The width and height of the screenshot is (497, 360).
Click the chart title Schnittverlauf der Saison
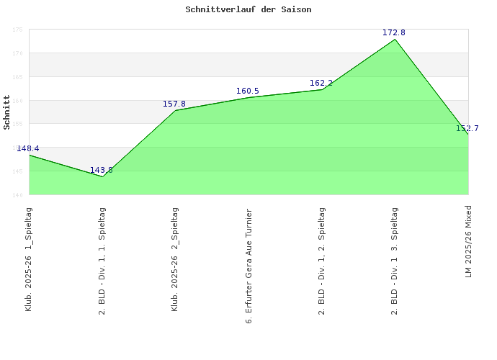point(248,10)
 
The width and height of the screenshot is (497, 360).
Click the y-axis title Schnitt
point(7,112)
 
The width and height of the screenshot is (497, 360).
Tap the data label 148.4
point(28,148)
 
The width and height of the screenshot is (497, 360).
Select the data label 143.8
point(102,171)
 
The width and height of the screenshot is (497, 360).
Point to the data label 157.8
point(174,104)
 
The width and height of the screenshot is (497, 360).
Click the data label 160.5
point(248,91)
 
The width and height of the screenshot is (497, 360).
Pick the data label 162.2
point(321,84)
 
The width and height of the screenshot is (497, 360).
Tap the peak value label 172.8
point(394,33)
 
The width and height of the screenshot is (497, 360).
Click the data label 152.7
point(467,128)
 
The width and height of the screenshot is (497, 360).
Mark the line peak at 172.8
point(395,39)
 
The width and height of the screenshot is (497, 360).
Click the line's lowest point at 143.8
point(102,176)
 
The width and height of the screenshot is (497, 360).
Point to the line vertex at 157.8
point(176,110)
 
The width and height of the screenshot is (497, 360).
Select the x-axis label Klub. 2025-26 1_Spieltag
point(29,258)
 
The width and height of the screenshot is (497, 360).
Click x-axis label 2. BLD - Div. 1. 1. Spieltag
point(102,261)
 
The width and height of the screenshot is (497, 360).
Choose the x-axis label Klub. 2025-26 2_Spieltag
point(176,258)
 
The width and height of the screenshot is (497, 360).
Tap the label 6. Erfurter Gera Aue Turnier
point(248,265)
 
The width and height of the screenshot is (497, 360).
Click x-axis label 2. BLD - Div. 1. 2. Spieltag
point(322,261)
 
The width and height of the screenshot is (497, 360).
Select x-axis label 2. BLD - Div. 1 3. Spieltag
point(395,261)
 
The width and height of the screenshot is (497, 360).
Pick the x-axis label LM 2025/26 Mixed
point(468,241)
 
